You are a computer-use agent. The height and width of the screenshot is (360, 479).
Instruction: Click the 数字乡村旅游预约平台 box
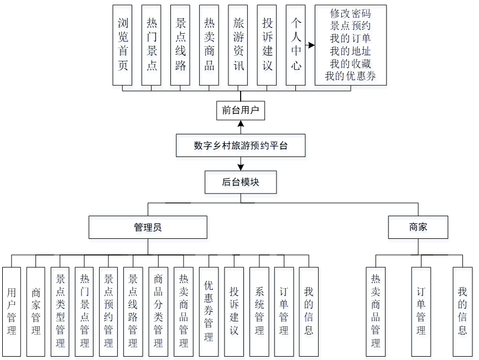[241, 146]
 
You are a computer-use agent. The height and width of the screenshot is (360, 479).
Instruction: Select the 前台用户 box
[241, 110]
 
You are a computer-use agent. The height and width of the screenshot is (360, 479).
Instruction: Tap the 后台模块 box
[241, 182]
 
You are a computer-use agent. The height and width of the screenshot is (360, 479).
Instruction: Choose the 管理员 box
[148, 227]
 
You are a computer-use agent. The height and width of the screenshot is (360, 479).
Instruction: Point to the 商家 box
[418, 227]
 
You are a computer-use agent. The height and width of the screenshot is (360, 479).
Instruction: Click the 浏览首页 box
[122, 45]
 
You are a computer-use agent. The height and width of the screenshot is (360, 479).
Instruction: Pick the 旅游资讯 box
[238, 45]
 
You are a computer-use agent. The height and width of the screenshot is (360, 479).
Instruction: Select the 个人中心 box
[296, 45]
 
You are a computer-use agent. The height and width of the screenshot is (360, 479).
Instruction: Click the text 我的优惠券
[350, 76]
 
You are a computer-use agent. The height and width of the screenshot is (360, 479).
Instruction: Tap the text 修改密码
[350, 13]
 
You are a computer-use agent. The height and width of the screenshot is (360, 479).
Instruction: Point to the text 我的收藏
[350, 64]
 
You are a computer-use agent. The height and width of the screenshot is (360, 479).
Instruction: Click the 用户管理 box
[12, 311]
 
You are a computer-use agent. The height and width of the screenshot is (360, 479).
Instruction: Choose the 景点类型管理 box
[60, 311]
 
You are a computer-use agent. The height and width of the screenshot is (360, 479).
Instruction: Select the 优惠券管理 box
[209, 311]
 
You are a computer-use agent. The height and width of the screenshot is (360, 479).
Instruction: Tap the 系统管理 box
[259, 311]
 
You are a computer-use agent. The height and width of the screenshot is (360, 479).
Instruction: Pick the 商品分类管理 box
[158, 311]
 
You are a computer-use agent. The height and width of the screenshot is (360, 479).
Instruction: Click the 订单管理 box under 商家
[421, 311]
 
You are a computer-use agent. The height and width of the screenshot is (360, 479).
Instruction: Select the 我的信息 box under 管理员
[309, 311]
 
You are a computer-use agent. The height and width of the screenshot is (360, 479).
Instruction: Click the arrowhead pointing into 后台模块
[241, 167]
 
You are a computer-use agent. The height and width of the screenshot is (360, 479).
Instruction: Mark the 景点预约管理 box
[108, 311]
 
